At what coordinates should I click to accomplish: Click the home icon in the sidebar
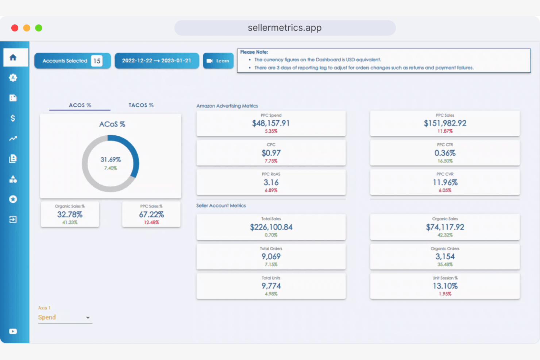click(x=13, y=58)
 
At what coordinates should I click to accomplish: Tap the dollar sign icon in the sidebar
click(x=13, y=118)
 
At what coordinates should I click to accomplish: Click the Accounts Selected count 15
click(x=97, y=61)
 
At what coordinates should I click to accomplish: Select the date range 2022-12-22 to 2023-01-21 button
click(x=157, y=61)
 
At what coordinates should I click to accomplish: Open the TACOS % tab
click(x=141, y=105)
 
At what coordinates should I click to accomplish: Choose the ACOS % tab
click(x=80, y=105)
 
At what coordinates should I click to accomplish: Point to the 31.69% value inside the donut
click(x=111, y=160)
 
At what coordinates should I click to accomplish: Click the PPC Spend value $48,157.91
click(x=271, y=123)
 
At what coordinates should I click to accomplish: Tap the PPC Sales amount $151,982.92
click(x=445, y=123)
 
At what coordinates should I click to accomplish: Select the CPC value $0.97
click(x=271, y=153)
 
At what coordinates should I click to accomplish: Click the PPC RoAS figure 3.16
click(x=271, y=182)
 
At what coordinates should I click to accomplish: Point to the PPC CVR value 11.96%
click(x=445, y=182)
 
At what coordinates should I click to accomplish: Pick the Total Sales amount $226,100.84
click(x=271, y=227)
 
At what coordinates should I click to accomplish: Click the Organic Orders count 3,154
click(x=445, y=257)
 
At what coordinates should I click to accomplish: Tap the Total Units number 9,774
click(x=271, y=286)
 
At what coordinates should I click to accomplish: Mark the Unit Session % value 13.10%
click(x=445, y=286)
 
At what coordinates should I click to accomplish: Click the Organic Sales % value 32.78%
click(x=70, y=214)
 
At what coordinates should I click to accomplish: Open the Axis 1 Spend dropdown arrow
click(x=88, y=318)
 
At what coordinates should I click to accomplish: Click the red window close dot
click(x=15, y=28)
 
